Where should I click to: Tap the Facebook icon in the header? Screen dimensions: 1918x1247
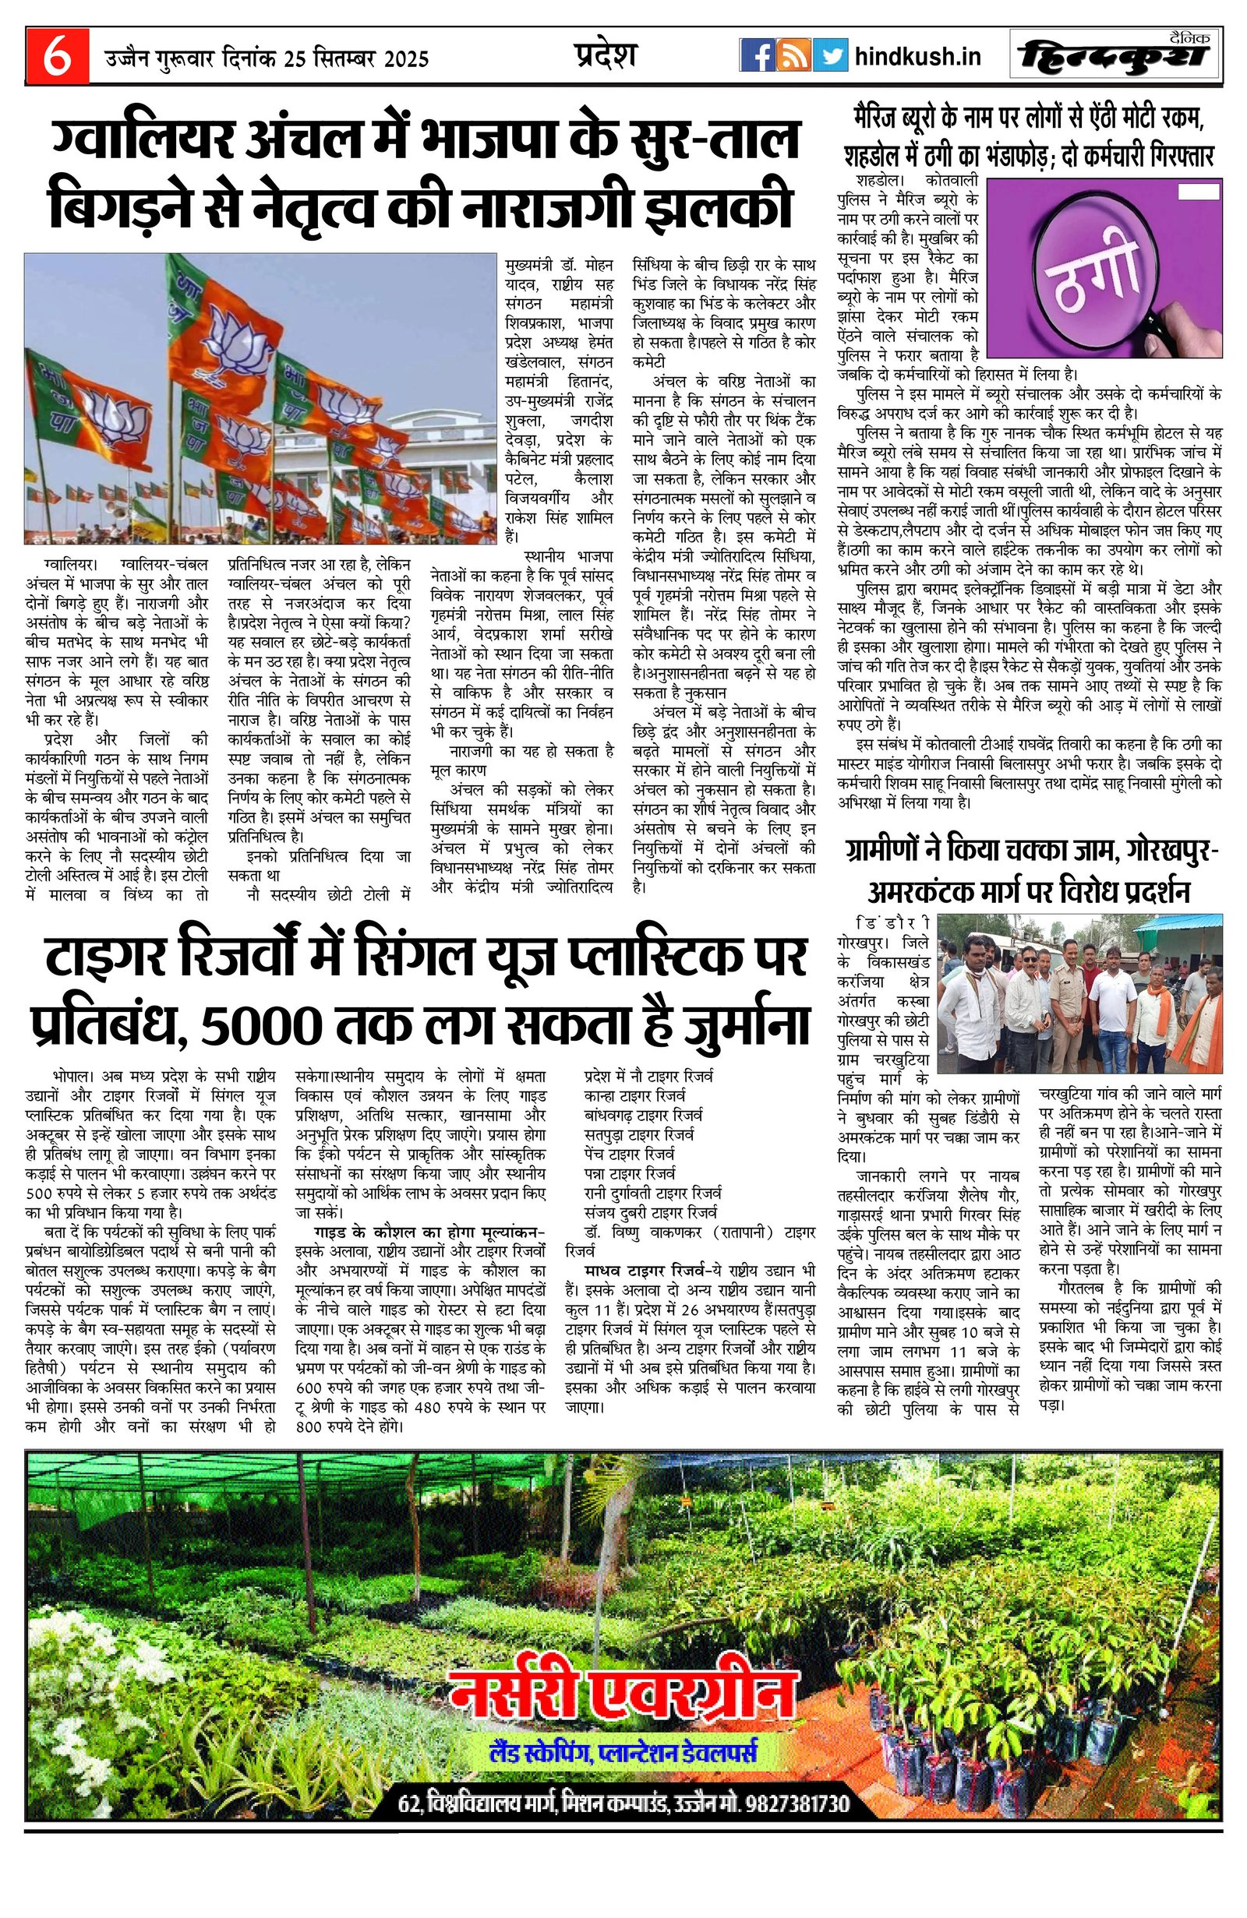[757, 56]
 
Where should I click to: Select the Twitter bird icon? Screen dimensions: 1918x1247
[829, 56]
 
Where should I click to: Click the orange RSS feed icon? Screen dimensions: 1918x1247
[793, 56]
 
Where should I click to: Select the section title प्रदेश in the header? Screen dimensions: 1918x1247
[606, 55]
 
